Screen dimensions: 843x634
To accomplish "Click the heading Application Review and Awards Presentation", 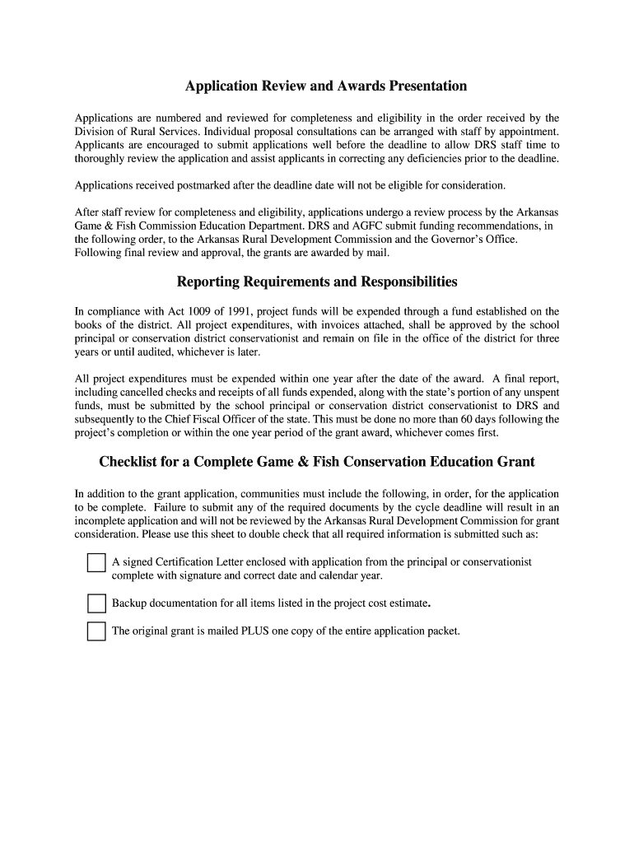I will [x=325, y=86].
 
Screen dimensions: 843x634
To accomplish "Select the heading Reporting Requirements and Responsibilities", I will [x=317, y=282].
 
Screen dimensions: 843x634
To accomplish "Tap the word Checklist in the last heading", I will [x=128, y=462].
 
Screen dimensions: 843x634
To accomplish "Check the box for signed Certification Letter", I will [x=96, y=563].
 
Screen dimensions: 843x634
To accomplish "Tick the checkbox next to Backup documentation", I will [x=96, y=604].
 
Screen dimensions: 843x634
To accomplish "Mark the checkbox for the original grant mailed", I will [x=96, y=632].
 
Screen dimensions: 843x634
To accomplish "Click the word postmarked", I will [x=217, y=185].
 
